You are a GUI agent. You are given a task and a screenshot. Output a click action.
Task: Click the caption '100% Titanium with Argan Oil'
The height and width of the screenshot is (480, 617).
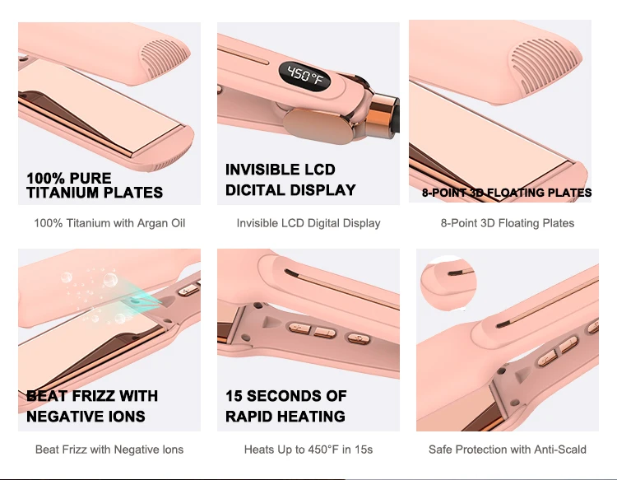pyautogui.click(x=109, y=223)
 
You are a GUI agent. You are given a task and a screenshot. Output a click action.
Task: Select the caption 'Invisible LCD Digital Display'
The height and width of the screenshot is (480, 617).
pyautogui.click(x=308, y=223)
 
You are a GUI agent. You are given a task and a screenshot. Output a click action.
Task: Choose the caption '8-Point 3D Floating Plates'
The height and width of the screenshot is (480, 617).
pyautogui.click(x=508, y=223)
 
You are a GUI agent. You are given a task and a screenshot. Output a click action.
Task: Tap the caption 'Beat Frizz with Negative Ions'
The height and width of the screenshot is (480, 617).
pyautogui.click(x=109, y=450)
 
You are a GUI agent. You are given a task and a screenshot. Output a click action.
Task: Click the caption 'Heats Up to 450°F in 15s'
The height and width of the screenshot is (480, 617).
pyautogui.click(x=308, y=450)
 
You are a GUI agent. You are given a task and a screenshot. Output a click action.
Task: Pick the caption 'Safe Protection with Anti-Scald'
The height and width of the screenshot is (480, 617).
pyautogui.click(x=508, y=450)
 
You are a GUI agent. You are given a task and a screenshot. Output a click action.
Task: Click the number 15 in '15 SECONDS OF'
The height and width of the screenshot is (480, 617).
pyautogui.click(x=235, y=396)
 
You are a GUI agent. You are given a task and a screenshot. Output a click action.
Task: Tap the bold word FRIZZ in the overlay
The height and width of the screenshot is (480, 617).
pyautogui.click(x=91, y=396)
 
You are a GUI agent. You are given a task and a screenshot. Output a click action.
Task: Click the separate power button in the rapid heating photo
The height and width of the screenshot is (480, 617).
pyautogui.click(x=357, y=338)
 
